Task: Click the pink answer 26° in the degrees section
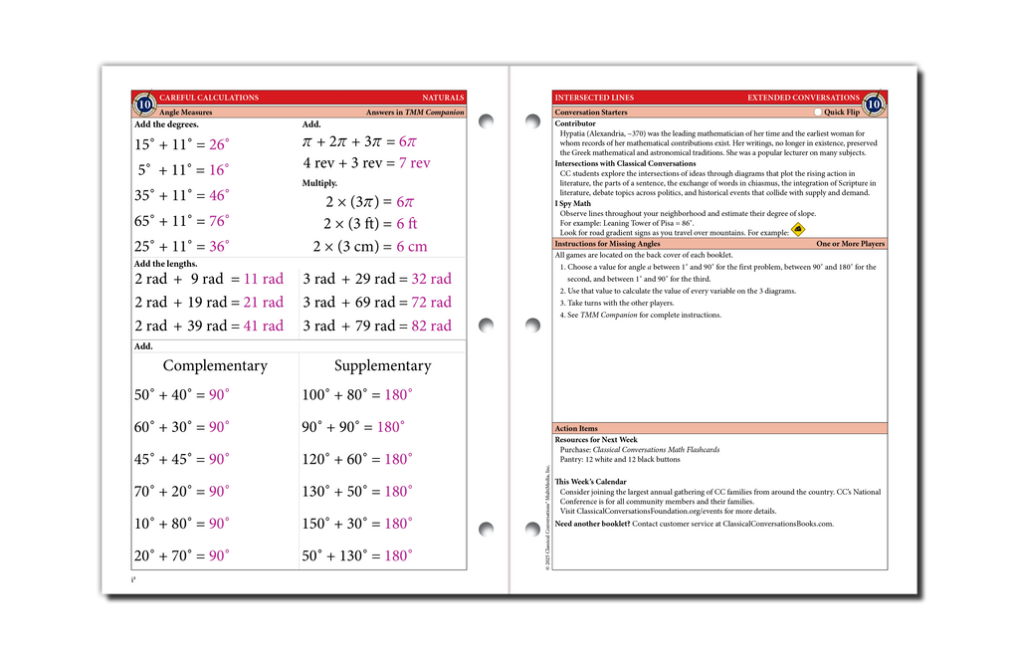pyautogui.click(x=219, y=144)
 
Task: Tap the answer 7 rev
pyautogui.click(x=414, y=162)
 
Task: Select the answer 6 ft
pyautogui.click(x=406, y=223)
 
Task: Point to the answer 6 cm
pyautogui.click(x=411, y=246)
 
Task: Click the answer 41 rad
pyautogui.click(x=263, y=326)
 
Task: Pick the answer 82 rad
pyautogui.click(x=431, y=326)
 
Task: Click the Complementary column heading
pyautogui.click(x=215, y=365)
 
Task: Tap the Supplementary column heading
pyautogui.click(x=382, y=365)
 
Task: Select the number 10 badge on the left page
pyautogui.click(x=144, y=104)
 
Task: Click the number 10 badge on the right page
pyautogui.click(x=873, y=104)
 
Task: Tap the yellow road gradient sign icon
pyautogui.click(x=798, y=230)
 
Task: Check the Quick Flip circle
pyautogui.click(x=817, y=112)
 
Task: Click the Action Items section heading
pyautogui.click(x=576, y=429)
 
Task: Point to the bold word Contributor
pyautogui.click(x=575, y=123)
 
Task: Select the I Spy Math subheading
pyautogui.click(x=572, y=203)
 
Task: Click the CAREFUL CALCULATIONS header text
pyautogui.click(x=209, y=98)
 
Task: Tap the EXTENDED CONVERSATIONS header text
pyautogui.click(x=803, y=98)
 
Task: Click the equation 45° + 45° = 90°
pyautogui.click(x=181, y=459)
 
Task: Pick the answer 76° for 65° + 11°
pyautogui.click(x=219, y=221)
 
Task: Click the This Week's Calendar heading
pyautogui.click(x=590, y=482)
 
